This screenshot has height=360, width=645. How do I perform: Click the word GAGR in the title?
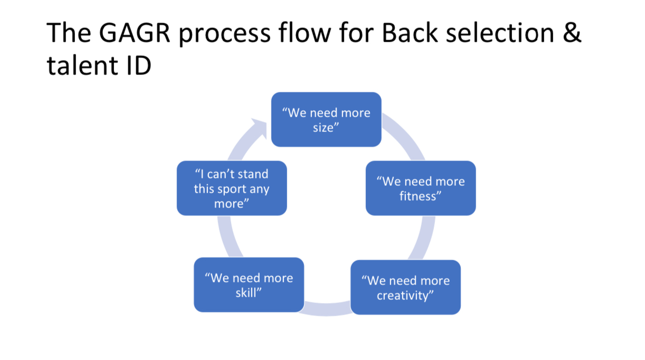click(135, 33)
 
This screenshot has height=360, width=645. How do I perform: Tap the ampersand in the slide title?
click(572, 33)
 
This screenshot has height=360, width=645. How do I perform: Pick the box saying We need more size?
click(326, 119)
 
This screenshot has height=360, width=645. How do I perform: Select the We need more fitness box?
click(421, 188)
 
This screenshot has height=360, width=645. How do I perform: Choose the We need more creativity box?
click(405, 287)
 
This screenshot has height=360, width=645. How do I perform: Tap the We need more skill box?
click(249, 285)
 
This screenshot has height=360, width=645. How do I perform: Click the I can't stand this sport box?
click(232, 188)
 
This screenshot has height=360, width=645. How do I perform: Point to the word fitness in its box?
click(418, 196)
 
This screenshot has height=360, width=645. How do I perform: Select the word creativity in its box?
click(403, 296)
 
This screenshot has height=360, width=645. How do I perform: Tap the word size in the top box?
click(324, 128)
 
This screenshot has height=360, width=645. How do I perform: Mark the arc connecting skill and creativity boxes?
click(327, 309)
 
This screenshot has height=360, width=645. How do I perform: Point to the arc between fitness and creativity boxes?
click(423, 238)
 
